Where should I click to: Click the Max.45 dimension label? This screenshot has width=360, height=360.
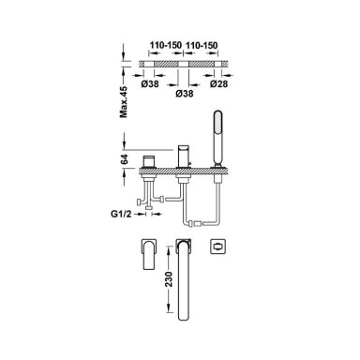click(125, 102)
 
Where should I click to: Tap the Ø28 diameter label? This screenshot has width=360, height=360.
click(218, 83)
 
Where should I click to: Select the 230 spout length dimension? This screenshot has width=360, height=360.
click(169, 279)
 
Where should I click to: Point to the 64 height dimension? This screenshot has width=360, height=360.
click(125, 159)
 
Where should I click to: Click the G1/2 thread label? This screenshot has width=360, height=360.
click(121, 214)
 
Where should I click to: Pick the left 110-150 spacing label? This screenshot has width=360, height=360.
click(165, 45)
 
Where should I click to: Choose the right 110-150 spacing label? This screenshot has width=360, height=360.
click(202, 45)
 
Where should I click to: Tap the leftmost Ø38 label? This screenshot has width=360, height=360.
click(150, 83)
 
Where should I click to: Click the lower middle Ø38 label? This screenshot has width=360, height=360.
click(185, 93)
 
